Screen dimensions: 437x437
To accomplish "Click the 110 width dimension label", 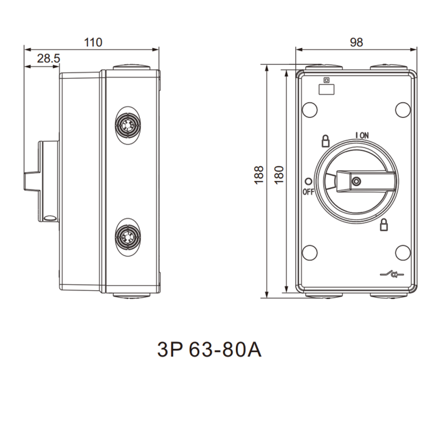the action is point(93,42).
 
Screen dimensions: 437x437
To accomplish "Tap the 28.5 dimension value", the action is point(49,59).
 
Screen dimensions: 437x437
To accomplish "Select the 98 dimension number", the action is point(356,42).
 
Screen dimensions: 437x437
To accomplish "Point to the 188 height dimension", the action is point(259,175).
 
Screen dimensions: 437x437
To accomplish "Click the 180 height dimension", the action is point(279,175).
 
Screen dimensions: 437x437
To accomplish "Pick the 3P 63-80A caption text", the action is point(209,350).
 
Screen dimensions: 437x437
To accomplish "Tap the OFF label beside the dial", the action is point(308,192).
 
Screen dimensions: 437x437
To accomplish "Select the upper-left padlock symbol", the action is point(325,141).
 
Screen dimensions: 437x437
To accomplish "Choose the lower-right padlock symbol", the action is point(384,225).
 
